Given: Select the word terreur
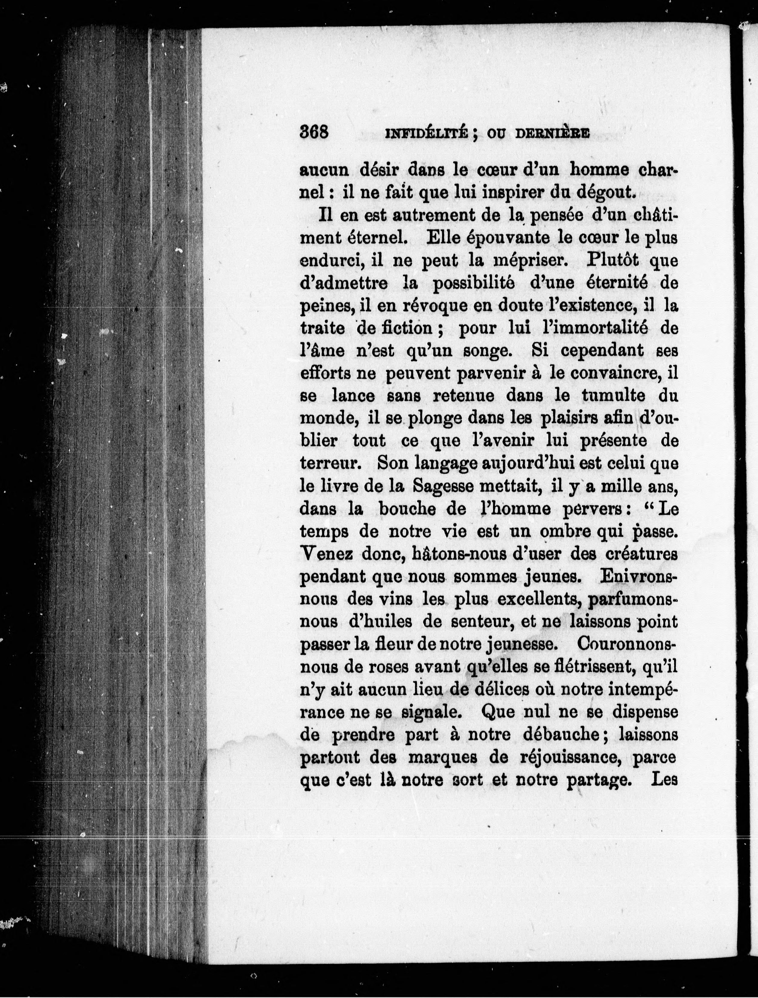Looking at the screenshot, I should [x=329, y=463].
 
